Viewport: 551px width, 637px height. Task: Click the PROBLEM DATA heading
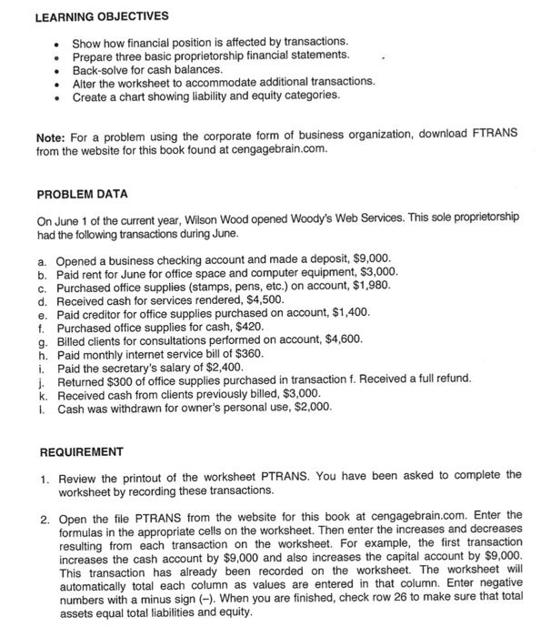coord(84,195)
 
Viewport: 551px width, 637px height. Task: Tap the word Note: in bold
coord(52,136)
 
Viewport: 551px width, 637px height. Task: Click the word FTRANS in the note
coord(491,136)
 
